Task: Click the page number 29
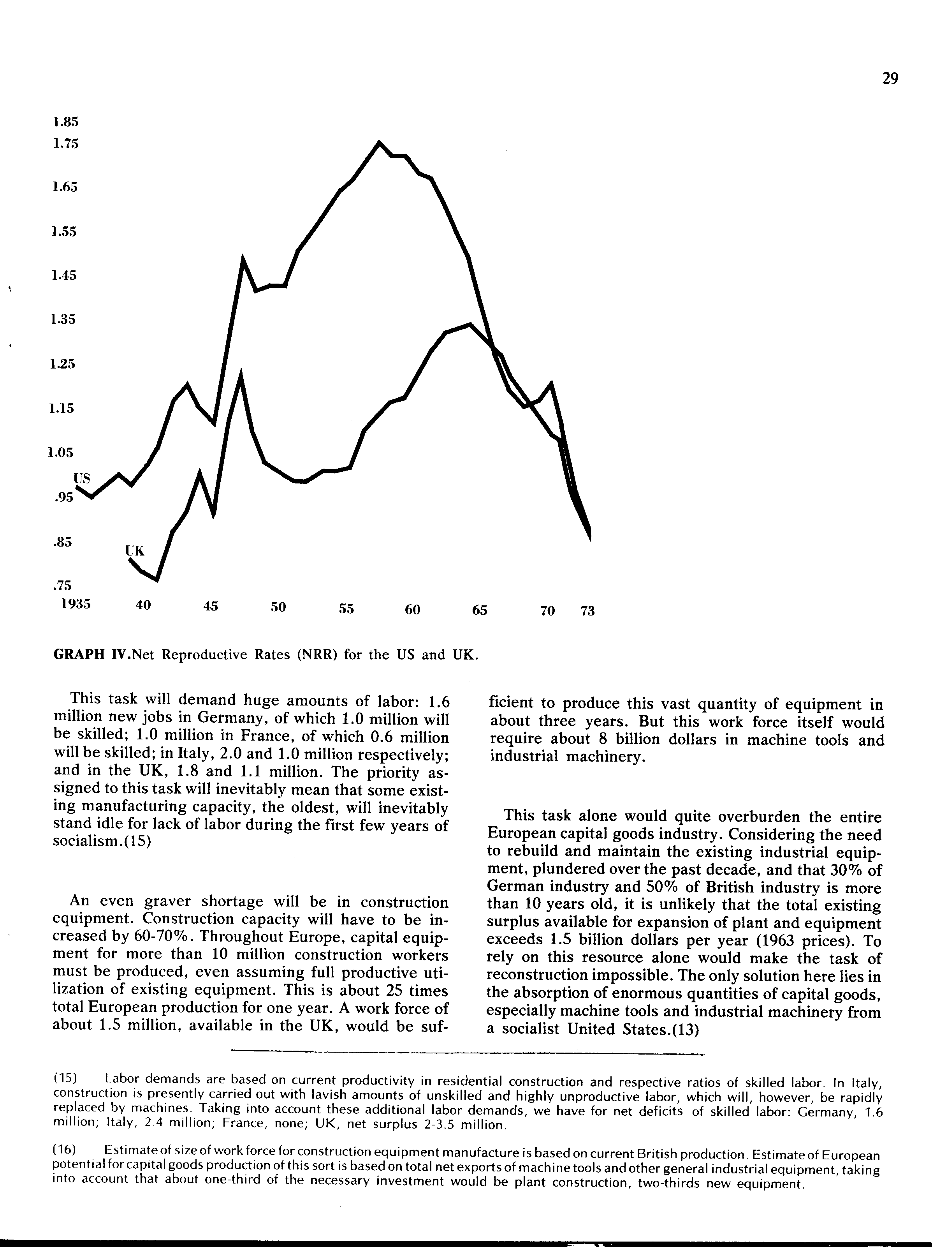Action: [x=889, y=78]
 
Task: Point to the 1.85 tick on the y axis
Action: [x=65, y=122]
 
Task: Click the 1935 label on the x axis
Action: [x=76, y=604]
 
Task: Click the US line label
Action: [x=82, y=479]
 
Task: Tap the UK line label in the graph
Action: [x=135, y=550]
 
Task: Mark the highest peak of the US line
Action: [x=379, y=142]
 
